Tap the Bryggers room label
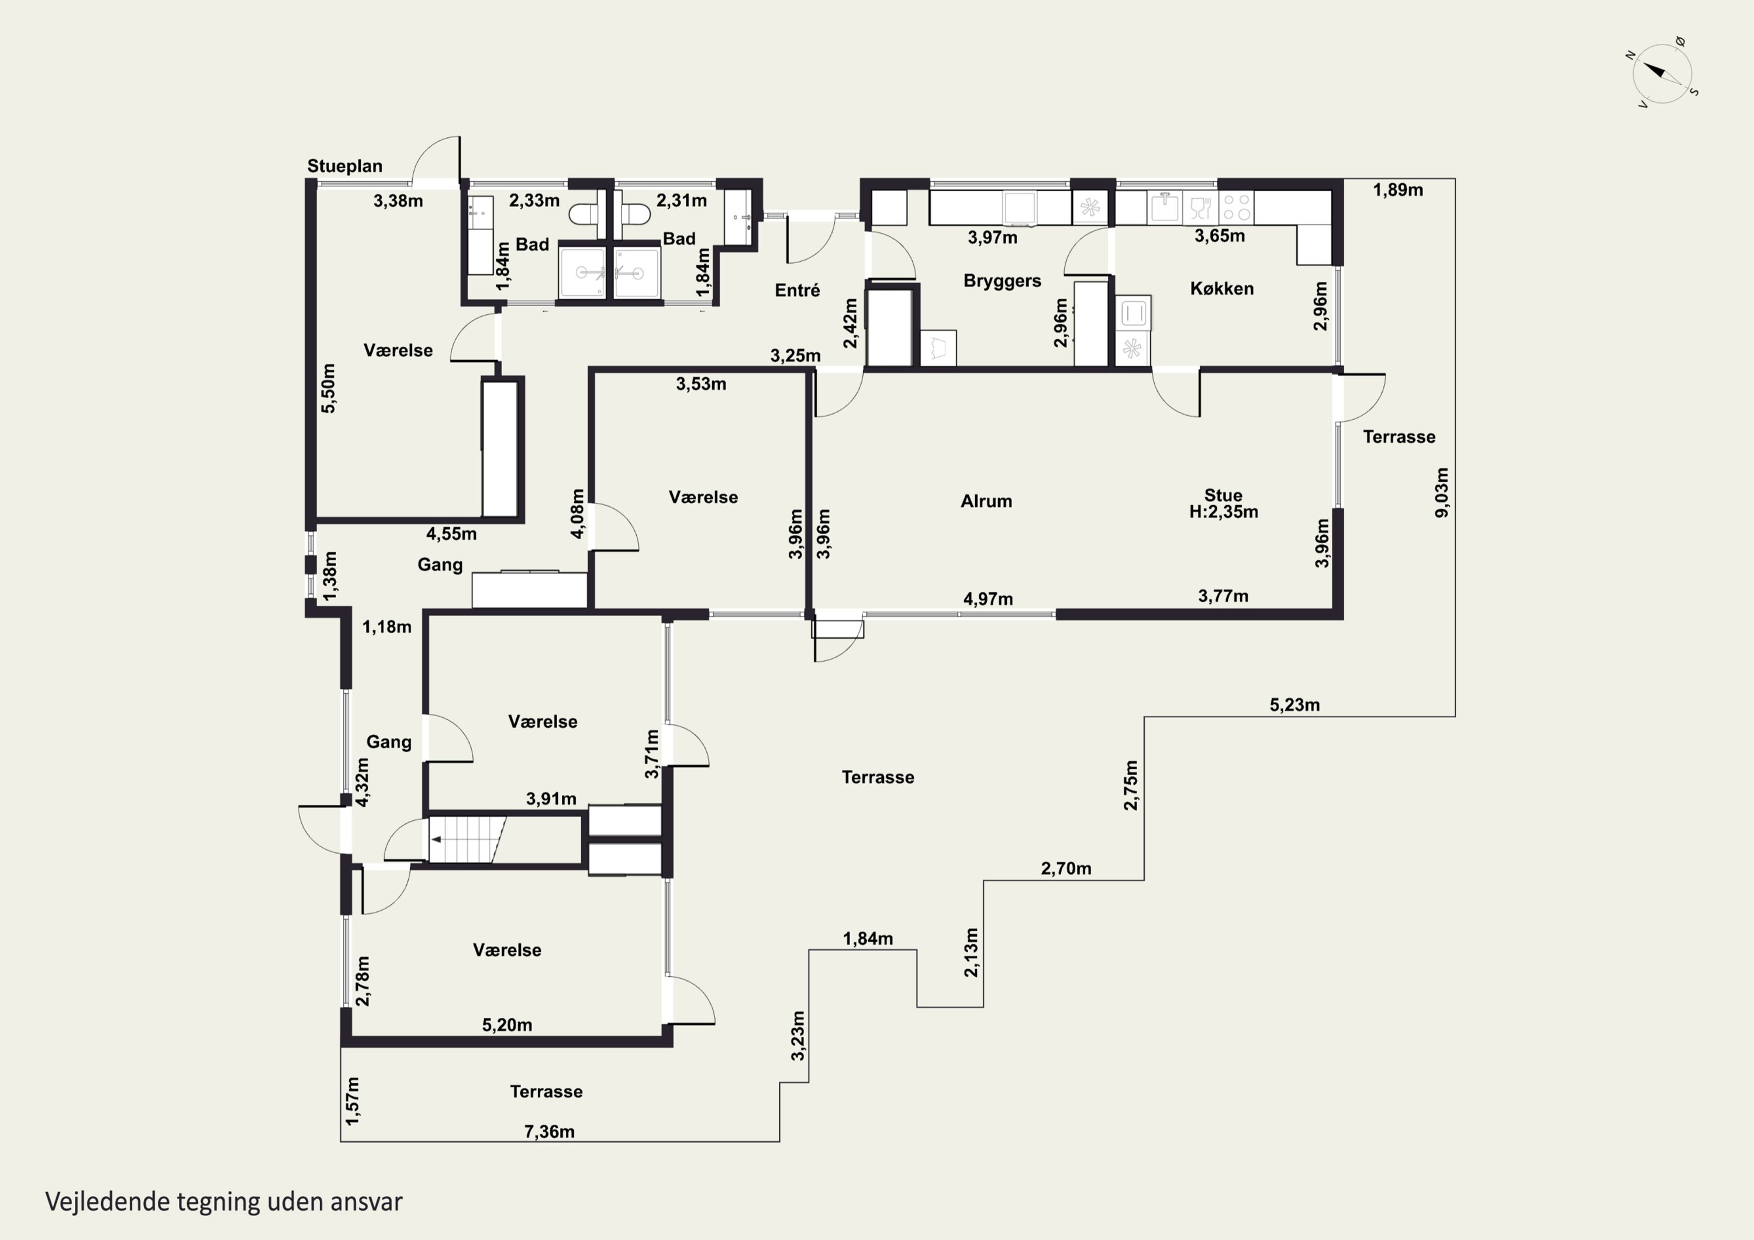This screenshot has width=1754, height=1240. tap(1002, 281)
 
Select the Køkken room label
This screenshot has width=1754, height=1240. tap(1221, 289)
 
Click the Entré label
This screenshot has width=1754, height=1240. tap(797, 291)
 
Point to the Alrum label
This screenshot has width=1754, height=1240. tap(986, 501)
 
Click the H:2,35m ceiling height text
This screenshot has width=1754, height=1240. tap(1223, 512)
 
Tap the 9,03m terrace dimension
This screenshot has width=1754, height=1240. tap(1442, 493)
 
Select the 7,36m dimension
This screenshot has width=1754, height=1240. tap(549, 1131)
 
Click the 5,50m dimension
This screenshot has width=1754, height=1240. tap(328, 388)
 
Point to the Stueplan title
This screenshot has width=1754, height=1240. tap(344, 167)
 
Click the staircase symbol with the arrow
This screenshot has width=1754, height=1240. tap(467, 839)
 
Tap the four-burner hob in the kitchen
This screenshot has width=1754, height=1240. tap(1236, 207)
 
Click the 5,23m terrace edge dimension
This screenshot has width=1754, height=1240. tap(1295, 705)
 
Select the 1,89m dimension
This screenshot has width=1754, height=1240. tap(1398, 190)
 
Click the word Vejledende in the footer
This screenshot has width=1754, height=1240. tap(107, 1202)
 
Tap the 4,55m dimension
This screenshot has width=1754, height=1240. tap(451, 534)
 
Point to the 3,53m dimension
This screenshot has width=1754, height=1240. tap(701, 384)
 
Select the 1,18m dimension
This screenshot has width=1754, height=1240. tap(386, 627)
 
